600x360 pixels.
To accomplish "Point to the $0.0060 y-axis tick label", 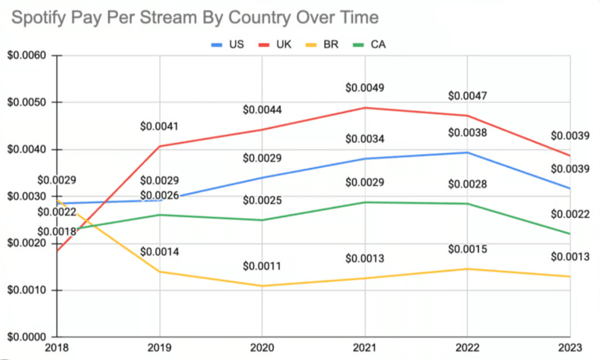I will [26, 56].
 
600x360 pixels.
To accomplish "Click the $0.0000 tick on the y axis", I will [26, 337].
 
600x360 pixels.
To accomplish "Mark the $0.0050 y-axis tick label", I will [26, 103].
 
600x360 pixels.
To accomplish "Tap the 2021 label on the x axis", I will [365, 348].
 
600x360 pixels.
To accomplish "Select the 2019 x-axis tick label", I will [160, 348].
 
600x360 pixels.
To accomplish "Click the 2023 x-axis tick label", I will [570, 348].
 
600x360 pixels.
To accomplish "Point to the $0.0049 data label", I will [365, 87].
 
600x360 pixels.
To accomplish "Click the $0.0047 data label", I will [467, 96].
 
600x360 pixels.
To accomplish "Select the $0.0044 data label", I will [262, 109].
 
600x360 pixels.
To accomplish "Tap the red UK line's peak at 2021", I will [365, 108].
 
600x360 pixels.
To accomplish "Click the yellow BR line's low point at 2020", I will [262, 286].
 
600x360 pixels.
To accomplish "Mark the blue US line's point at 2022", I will [467, 152].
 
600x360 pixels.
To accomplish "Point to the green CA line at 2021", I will [365, 202].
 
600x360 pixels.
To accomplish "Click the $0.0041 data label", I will [160, 125].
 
